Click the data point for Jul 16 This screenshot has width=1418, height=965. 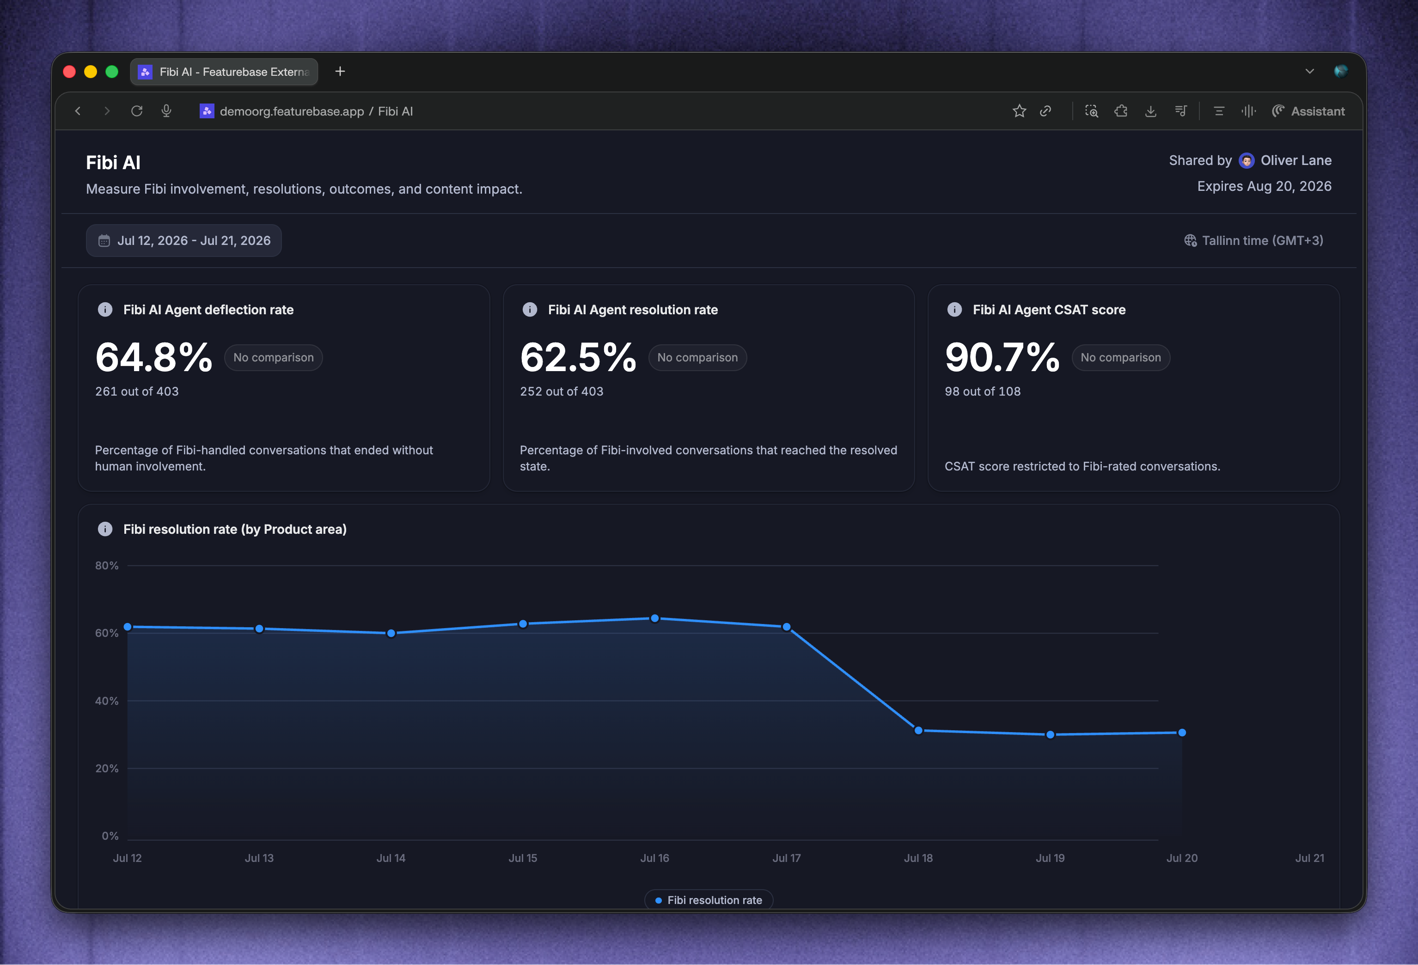[x=655, y=618]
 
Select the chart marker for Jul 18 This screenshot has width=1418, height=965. [x=918, y=730]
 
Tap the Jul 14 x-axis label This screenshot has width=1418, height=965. [x=391, y=858]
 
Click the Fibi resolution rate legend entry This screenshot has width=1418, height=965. [x=709, y=900]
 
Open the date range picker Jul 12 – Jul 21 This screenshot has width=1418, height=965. [x=183, y=240]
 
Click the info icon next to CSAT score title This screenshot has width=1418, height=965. [x=954, y=310]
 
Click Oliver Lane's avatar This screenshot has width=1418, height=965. [x=1247, y=160]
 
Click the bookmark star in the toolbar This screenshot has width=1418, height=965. [x=1019, y=111]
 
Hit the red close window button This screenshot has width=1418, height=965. [x=69, y=72]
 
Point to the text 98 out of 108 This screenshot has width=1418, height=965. [x=982, y=391]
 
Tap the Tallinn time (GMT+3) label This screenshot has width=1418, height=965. [x=1254, y=240]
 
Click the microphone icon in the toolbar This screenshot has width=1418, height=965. [x=166, y=111]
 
